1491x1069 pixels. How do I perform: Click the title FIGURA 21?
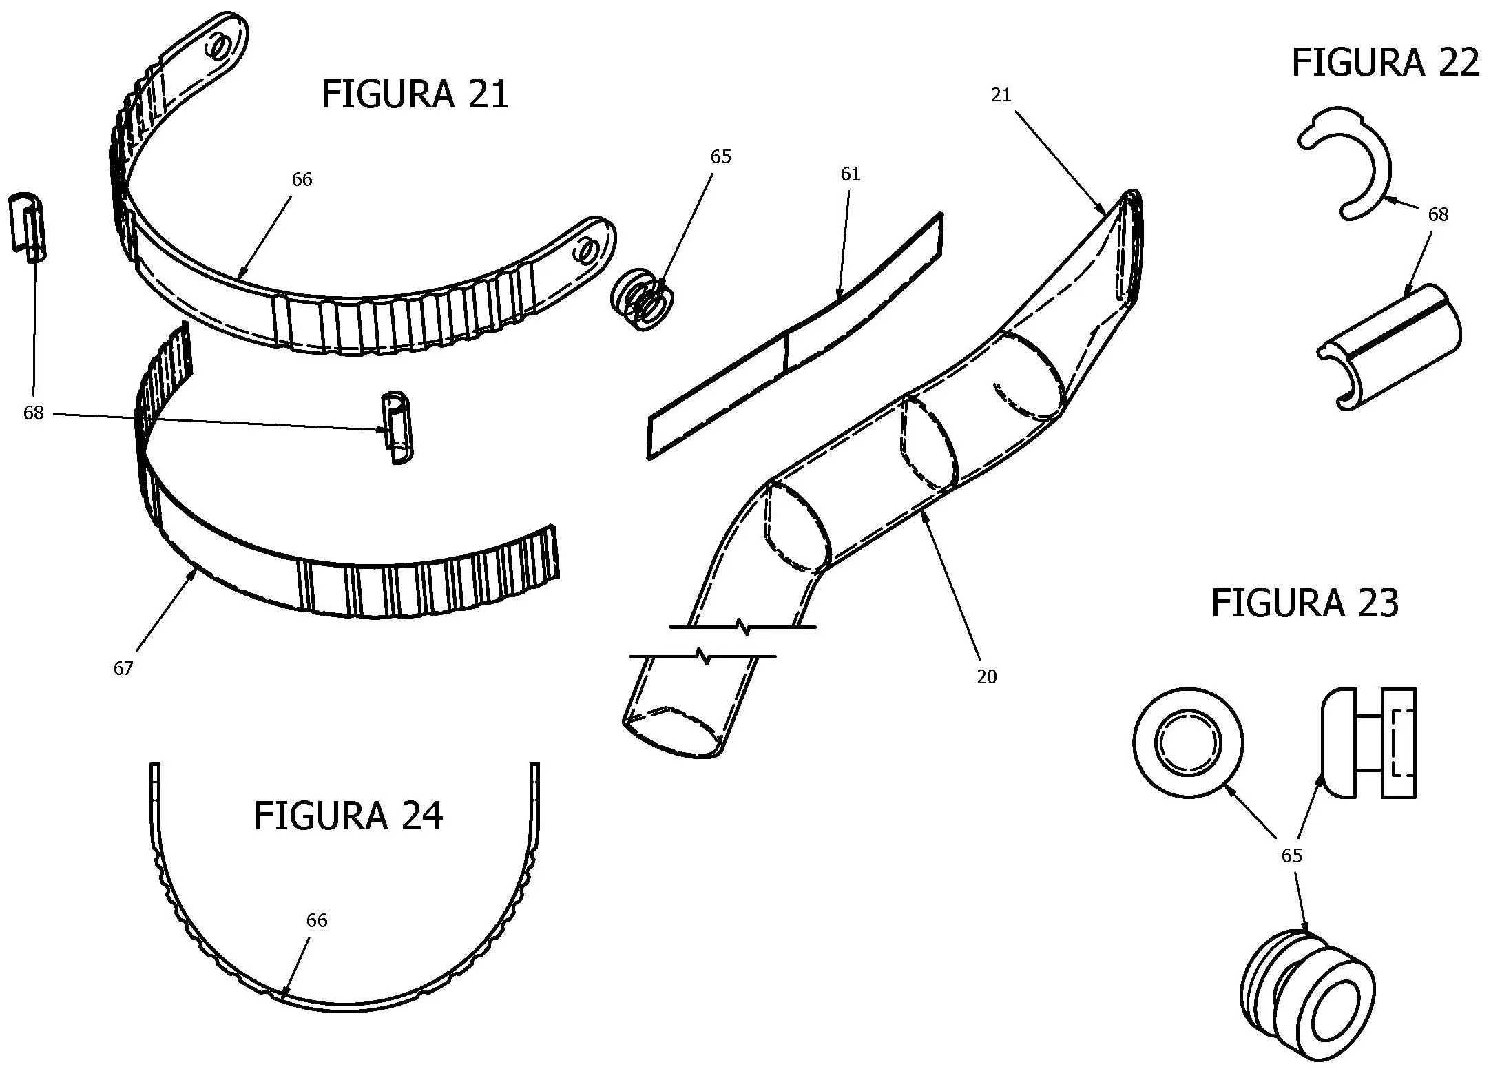pos(415,94)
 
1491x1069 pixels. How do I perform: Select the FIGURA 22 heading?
pos(1385,63)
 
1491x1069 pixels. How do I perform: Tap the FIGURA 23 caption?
pos(1304,603)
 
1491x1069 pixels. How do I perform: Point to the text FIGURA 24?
pos(348,816)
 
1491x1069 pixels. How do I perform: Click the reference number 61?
pos(851,174)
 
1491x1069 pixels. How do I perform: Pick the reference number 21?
pos(1001,95)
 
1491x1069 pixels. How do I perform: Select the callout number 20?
pos(986,677)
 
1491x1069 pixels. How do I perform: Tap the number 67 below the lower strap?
pos(123,668)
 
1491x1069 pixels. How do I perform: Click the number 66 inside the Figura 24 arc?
pos(317,920)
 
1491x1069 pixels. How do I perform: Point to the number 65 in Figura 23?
pos(1291,855)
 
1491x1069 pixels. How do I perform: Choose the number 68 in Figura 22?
pos(1438,214)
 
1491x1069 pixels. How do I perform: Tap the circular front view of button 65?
pos(1188,743)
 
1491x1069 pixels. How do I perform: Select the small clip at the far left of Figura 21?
pos(28,227)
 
